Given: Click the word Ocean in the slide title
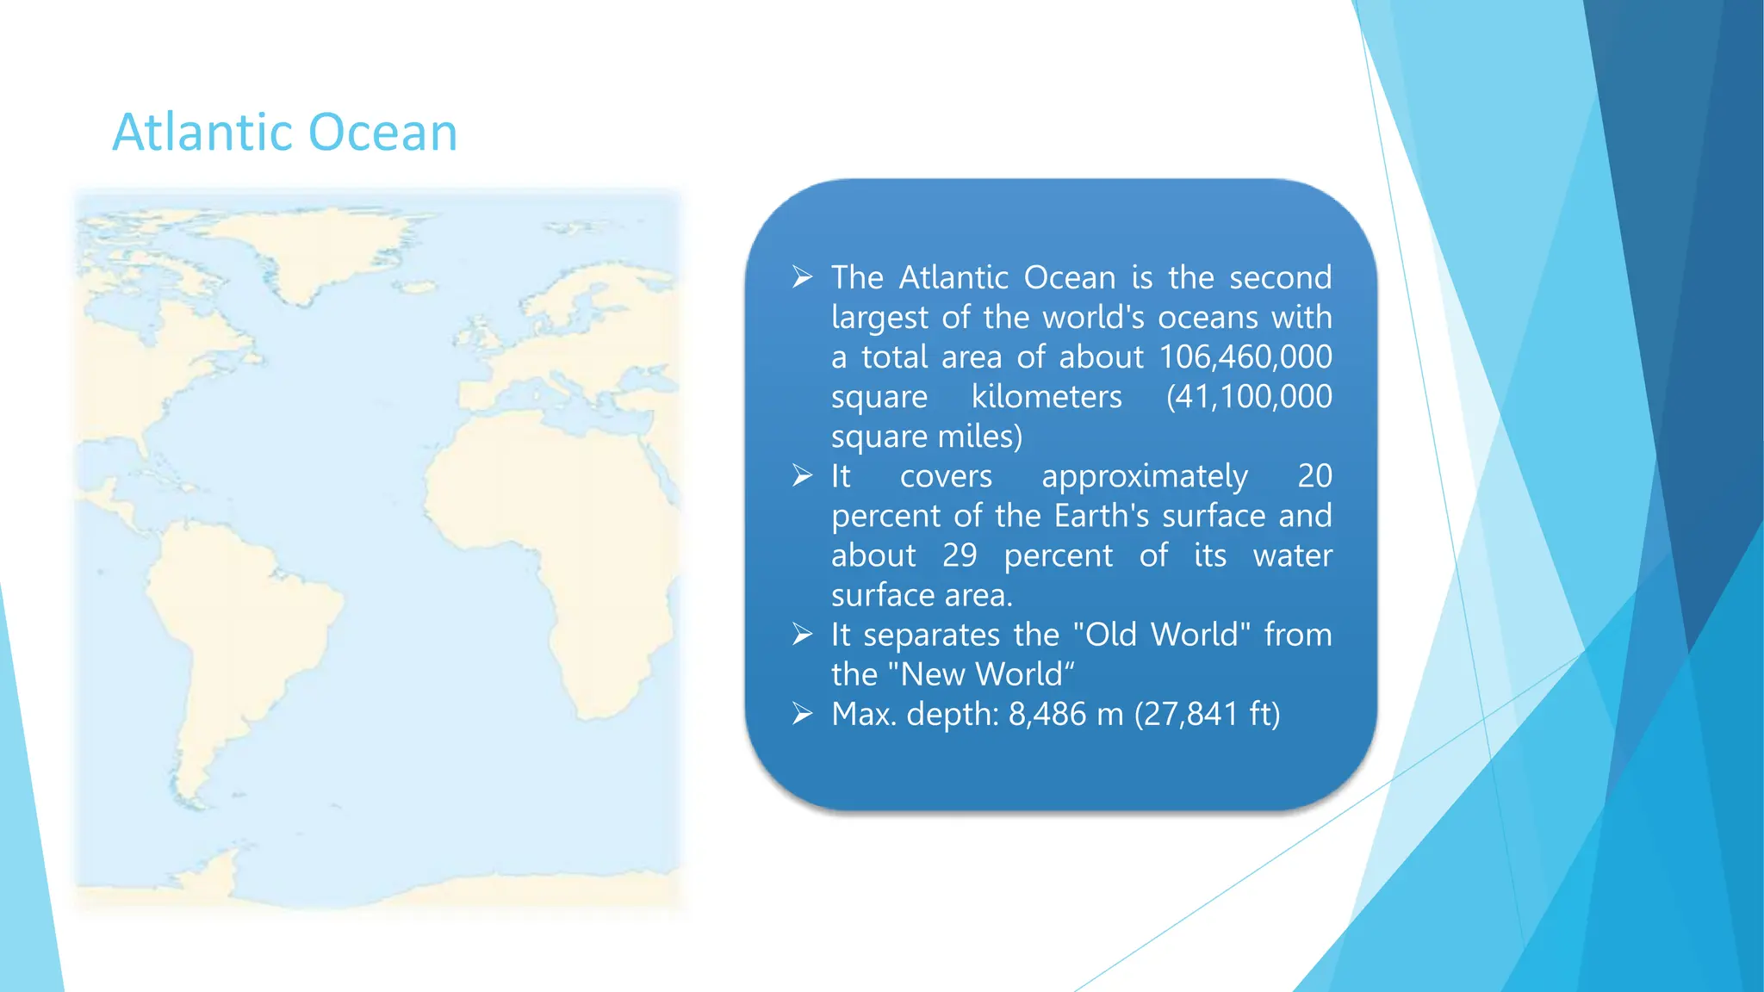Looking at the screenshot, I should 382,133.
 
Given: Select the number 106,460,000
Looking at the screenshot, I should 1245,357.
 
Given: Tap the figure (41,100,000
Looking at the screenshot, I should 1249,397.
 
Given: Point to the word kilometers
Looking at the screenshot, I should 1047,397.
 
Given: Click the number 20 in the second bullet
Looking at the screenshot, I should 1314,476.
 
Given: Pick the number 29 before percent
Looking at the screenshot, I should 960,555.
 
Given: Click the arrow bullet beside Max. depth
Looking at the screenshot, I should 803,714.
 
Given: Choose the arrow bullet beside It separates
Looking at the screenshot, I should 803,635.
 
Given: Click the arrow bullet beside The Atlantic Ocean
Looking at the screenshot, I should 803,277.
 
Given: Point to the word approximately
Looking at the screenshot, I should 1144,476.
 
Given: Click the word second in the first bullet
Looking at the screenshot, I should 1280,277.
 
